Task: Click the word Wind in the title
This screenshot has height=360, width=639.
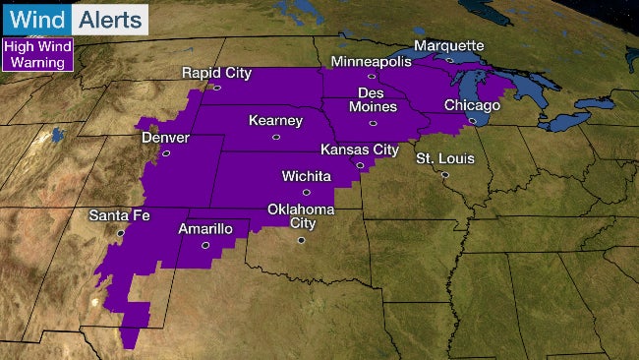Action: tap(36, 19)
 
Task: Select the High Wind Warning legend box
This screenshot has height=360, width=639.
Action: tap(37, 54)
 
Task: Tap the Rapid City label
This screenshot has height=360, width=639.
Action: tap(217, 73)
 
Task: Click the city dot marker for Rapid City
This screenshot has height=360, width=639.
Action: tap(217, 88)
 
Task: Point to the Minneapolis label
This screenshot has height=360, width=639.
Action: tap(372, 61)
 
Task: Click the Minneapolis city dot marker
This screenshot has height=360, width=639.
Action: tap(372, 76)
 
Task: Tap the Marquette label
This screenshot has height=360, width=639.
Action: tap(449, 45)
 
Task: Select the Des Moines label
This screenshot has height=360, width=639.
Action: tap(372, 99)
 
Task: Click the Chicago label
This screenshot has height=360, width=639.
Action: tap(473, 105)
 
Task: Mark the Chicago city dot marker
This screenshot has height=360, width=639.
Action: tap(473, 121)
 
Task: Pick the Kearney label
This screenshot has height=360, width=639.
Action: tap(261, 122)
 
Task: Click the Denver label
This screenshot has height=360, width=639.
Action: tap(165, 138)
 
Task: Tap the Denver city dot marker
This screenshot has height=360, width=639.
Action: tap(166, 152)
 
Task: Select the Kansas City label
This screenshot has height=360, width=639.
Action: tap(360, 150)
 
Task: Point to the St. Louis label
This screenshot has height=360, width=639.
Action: tap(445, 158)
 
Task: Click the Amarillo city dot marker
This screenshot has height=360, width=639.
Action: tap(204, 245)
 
